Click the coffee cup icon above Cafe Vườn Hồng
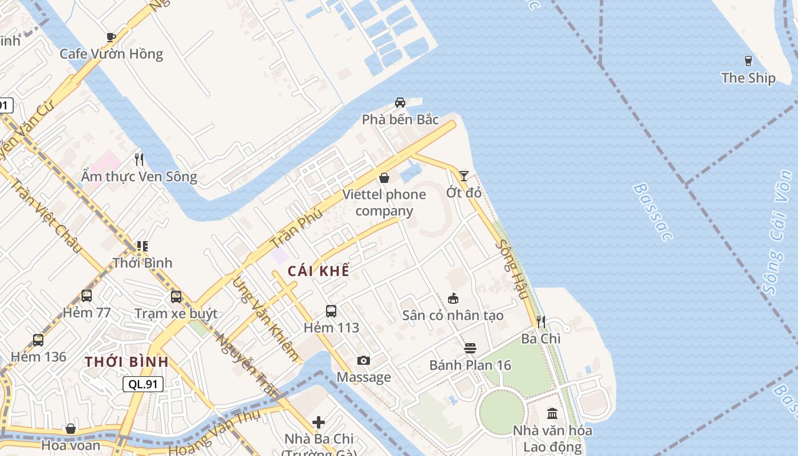(111, 38)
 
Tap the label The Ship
(748, 78)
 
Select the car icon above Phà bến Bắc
(400, 103)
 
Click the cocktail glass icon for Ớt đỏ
(464, 176)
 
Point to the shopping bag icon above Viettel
(384, 178)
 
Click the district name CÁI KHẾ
(318, 271)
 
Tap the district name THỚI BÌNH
(127, 361)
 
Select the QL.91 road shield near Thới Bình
(143, 384)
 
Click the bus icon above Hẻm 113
(331, 311)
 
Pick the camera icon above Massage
(363, 360)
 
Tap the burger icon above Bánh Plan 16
(470, 348)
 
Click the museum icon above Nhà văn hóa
(552, 413)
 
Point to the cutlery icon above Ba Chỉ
(541, 322)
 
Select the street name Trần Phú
(296, 227)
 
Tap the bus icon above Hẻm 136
(38, 340)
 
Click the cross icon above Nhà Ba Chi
(319, 422)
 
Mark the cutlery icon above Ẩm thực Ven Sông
(139, 159)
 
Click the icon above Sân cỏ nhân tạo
(453, 298)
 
